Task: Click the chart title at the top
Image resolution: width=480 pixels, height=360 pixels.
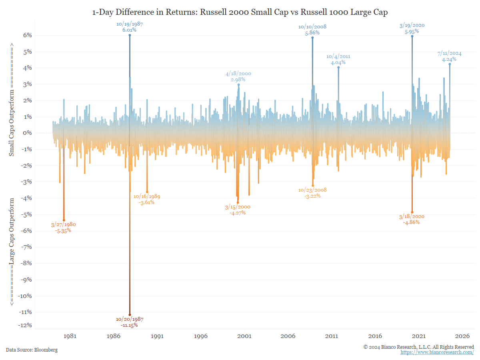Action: [240, 12]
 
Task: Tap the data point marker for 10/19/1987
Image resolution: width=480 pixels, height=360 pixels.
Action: [130, 35]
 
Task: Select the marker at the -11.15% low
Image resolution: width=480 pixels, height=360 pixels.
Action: [130, 315]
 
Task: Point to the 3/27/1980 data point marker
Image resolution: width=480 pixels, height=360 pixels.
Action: [64, 220]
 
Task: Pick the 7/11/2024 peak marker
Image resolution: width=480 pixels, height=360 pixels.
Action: [450, 64]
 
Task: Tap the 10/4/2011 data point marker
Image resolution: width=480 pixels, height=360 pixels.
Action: [338, 67]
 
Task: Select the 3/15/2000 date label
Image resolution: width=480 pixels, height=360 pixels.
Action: [238, 207]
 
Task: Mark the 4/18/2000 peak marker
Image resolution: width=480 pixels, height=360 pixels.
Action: [238, 84]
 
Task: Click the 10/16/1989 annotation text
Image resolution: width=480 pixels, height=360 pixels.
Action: [147, 196]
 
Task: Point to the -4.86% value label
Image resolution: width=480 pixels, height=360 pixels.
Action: [412, 222]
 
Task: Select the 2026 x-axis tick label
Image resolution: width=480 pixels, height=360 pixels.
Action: [462, 336]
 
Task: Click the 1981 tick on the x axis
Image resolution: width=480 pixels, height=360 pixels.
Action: [70, 336]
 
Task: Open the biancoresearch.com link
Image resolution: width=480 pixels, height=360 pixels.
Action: [437, 352]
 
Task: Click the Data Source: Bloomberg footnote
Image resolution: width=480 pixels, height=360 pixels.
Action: [32, 350]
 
